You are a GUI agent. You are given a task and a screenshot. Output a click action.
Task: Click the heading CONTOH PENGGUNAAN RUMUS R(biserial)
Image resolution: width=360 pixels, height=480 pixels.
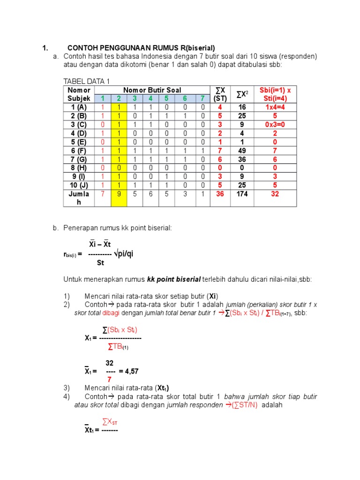[x=141, y=48]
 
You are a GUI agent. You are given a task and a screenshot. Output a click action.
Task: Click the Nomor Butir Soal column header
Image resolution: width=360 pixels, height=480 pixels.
[x=152, y=90]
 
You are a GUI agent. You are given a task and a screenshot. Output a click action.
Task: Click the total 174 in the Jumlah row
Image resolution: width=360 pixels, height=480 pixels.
[x=241, y=194]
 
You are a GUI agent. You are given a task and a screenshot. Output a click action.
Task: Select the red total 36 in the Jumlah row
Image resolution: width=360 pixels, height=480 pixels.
[x=220, y=194]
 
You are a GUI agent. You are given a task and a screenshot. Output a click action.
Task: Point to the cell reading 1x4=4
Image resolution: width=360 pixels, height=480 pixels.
[x=275, y=107]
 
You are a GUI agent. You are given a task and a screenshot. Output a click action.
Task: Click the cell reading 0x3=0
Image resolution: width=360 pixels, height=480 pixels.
[x=275, y=124]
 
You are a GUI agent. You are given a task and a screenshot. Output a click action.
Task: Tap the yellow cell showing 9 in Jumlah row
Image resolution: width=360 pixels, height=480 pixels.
[x=119, y=194]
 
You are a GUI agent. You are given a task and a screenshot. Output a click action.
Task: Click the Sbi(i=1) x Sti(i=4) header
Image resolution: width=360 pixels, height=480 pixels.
[x=275, y=94]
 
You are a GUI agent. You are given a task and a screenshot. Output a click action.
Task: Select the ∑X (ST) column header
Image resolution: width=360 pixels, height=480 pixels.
[x=220, y=94]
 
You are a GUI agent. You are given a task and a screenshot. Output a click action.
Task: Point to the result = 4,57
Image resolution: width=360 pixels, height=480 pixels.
[x=129, y=371]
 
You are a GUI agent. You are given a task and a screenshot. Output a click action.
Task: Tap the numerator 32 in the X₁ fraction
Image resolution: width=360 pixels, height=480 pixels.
[x=109, y=363]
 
